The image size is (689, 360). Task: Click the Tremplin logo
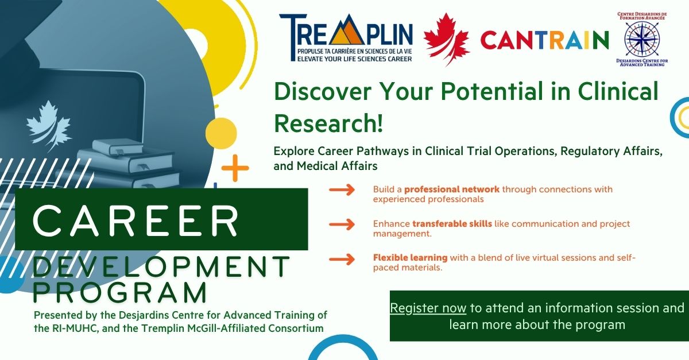pos(346,37)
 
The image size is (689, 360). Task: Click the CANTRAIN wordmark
pos(544,40)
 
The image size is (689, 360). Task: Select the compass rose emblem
pos(642,40)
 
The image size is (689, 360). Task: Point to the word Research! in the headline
pos(328,123)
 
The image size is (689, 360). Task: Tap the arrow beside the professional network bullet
pos(342,190)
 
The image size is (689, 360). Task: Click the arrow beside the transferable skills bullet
pos(342,224)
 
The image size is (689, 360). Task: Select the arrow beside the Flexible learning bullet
pos(342,259)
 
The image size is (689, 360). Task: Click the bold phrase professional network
pos(451,189)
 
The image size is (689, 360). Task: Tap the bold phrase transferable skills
pos(452,224)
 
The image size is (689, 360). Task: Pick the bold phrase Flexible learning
pos(411,258)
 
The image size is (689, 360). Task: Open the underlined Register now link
pos(428,308)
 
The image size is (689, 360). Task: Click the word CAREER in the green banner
pos(136,220)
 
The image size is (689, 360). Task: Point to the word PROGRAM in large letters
pos(120,292)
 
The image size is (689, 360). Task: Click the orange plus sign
pos(235,168)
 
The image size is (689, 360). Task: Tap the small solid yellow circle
pos(221,134)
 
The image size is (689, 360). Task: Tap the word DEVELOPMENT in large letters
pos(161,266)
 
